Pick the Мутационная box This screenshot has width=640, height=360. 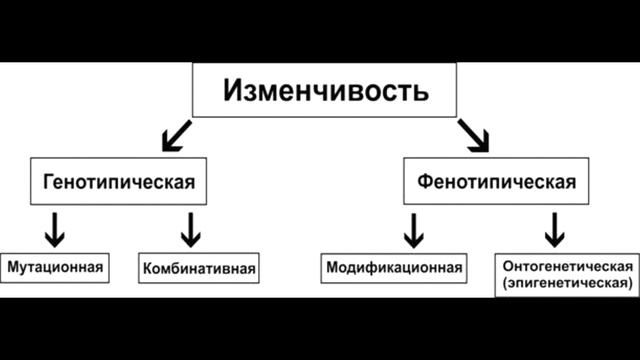(x=56, y=267)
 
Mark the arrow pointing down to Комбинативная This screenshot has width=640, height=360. (x=190, y=229)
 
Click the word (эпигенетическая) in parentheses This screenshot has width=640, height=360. (x=566, y=284)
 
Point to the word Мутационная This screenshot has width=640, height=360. (x=56, y=267)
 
